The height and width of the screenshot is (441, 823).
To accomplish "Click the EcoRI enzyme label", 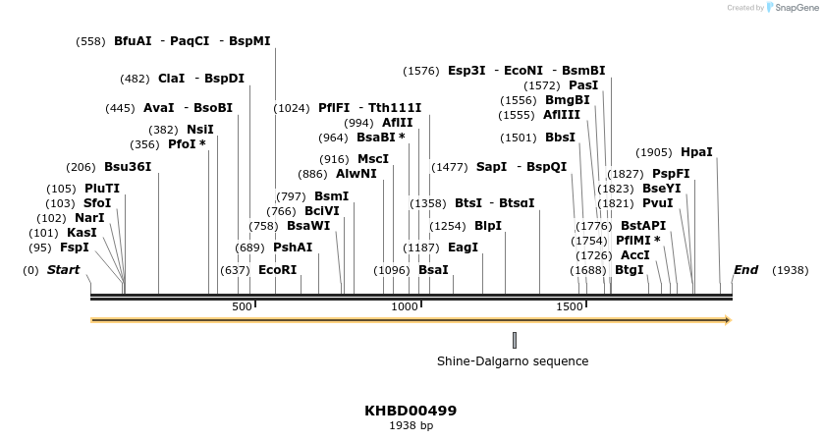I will (x=277, y=270).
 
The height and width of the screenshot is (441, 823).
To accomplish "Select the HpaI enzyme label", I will (x=696, y=152).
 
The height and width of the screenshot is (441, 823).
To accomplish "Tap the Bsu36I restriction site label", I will (x=128, y=167).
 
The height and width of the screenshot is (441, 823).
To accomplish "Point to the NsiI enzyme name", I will (x=199, y=130).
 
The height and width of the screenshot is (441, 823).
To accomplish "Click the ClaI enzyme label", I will (x=171, y=79).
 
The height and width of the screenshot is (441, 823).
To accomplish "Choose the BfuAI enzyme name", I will (x=133, y=41).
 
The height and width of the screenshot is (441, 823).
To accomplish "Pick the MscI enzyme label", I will (x=373, y=159).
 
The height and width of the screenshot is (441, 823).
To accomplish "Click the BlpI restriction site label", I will (x=488, y=226).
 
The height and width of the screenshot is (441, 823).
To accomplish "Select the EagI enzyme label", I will (x=463, y=248).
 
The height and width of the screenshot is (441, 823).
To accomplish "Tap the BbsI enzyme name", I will (x=560, y=138).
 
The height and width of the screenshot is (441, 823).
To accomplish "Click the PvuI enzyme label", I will (x=657, y=203).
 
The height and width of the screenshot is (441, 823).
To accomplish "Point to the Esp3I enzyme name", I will (x=466, y=71).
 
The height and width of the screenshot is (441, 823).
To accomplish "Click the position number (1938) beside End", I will (x=791, y=270).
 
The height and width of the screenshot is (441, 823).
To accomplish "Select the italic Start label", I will (x=64, y=270).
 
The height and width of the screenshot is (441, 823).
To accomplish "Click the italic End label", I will (x=745, y=270).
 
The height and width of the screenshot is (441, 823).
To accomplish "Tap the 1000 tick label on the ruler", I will (x=405, y=307).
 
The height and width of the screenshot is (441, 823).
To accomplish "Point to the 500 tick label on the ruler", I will (x=242, y=307).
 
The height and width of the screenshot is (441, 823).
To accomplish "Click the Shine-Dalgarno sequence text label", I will (x=513, y=361).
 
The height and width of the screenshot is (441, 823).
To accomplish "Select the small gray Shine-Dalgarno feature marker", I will (x=515, y=340).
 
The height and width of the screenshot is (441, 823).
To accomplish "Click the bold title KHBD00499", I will (x=411, y=411).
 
